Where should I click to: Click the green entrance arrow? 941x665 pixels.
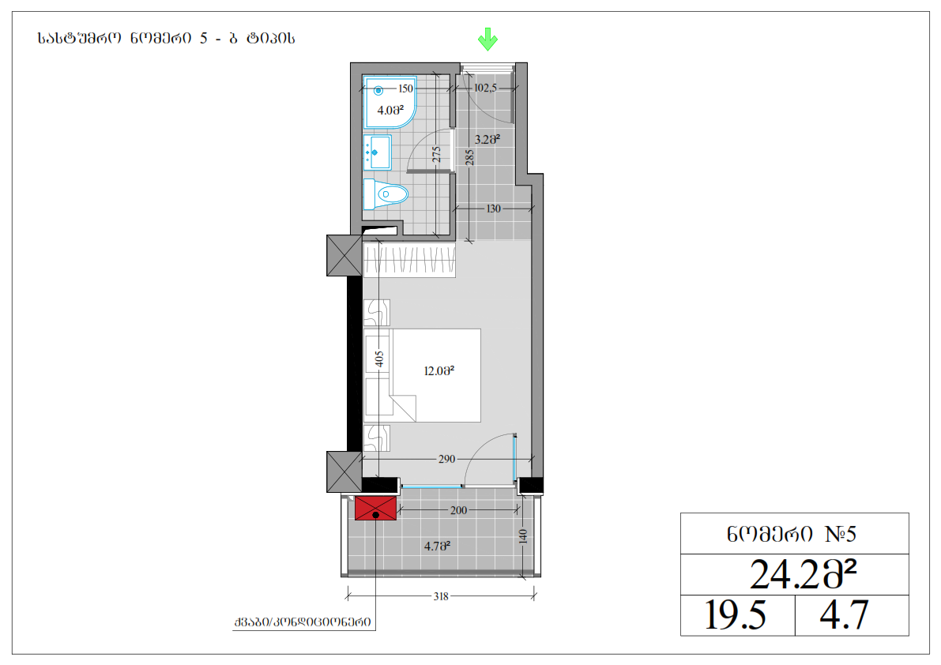pyautogui.click(x=487, y=39)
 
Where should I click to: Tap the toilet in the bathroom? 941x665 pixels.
pyautogui.click(x=386, y=194)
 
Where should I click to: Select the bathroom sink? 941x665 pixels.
pyautogui.click(x=378, y=152)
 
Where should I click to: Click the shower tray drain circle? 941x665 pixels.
pyautogui.click(x=378, y=91)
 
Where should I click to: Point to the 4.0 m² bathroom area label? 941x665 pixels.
pyautogui.click(x=390, y=111)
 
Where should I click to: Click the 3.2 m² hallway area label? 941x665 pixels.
pyautogui.click(x=487, y=139)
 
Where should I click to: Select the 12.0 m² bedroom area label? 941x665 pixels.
pyautogui.click(x=439, y=370)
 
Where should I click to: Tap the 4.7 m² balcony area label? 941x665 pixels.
pyautogui.click(x=437, y=546)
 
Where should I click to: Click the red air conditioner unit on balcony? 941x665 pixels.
pyautogui.click(x=375, y=508)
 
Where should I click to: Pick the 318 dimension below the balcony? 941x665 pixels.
pyautogui.click(x=441, y=596)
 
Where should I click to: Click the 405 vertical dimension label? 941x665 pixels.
pyautogui.click(x=378, y=359)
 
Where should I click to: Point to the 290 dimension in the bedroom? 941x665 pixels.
pyautogui.click(x=447, y=459)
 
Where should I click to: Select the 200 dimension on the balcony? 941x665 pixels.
pyautogui.click(x=458, y=510)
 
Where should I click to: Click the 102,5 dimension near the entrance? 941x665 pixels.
pyautogui.click(x=485, y=88)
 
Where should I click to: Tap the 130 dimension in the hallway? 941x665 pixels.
pyautogui.click(x=493, y=209)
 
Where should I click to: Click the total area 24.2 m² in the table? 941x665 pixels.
pyautogui.click(x=803, y=574)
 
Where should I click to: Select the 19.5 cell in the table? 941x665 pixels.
pyautogui.click(x=735, y=615)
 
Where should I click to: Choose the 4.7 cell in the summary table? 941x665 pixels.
pyautogui.click(x=844, y=615)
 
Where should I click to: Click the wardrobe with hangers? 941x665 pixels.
pyautogui.click(x=409, y=260)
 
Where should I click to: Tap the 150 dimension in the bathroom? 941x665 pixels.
pyautogui.click(x=405, y=88)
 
